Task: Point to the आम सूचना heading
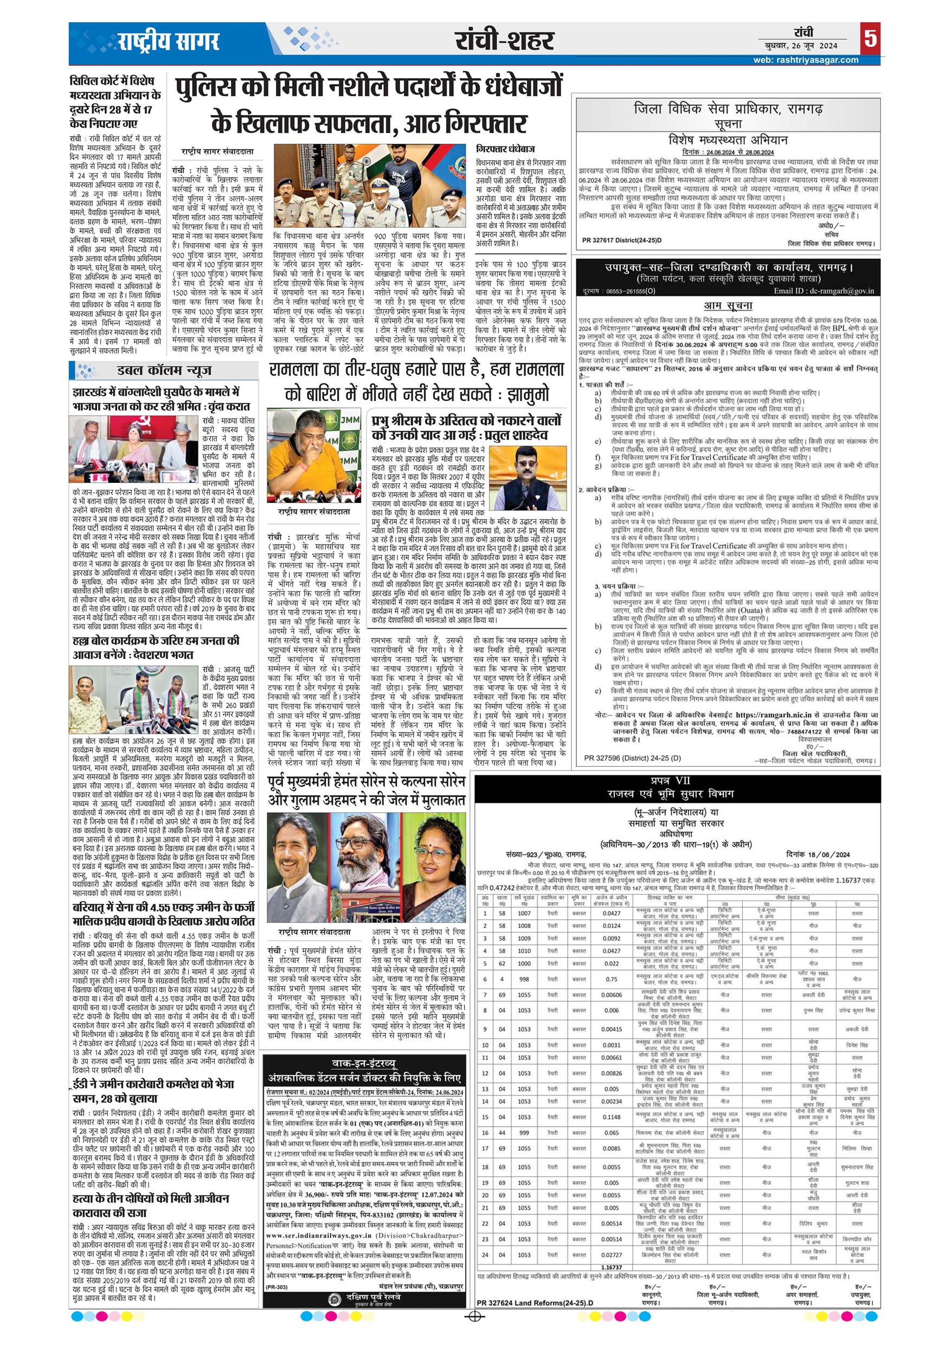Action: point(728,305)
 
